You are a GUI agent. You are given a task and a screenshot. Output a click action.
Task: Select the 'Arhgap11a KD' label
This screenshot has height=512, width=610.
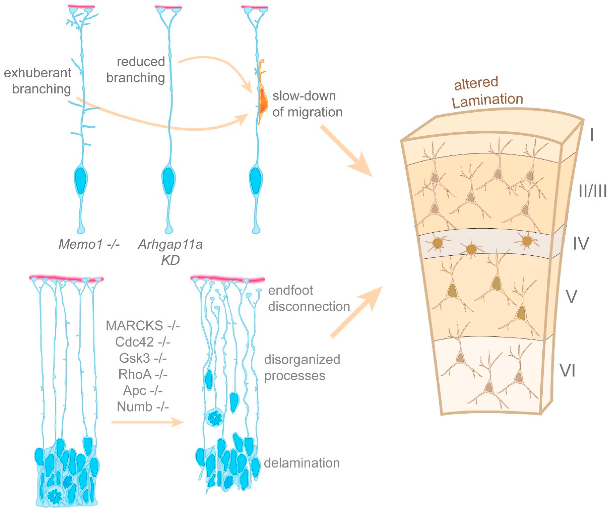pos(170,252)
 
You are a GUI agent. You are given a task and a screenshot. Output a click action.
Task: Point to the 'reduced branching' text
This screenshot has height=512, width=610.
pos(136,70)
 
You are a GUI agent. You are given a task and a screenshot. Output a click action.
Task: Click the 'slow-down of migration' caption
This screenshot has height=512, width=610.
pos(307,104)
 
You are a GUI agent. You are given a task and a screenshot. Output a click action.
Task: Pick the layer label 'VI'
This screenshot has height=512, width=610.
pos(567,371)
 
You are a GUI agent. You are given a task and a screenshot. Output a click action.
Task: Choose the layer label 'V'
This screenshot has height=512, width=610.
pos(572,296)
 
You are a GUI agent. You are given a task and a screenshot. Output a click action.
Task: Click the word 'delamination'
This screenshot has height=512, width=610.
pos(302,463)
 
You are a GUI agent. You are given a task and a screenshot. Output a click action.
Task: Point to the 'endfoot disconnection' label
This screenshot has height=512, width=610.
pos(309,298)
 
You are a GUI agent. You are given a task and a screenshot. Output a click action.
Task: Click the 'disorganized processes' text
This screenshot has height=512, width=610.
pos(302,367)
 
